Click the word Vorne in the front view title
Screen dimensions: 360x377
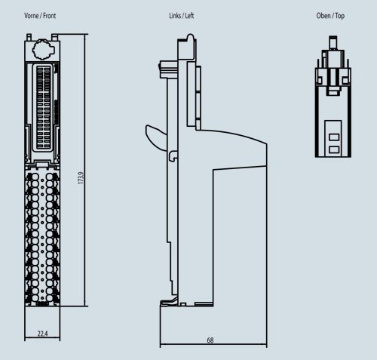click(32, 16)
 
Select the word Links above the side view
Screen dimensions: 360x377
click(176, 16)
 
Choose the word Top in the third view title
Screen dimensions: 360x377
click(341, 16)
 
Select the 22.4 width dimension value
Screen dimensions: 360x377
click(42, 334)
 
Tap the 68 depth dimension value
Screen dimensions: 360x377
click(210, 340)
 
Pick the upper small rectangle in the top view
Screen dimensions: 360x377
click(333, 137)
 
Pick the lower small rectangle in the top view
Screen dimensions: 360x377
click(333, 149)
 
